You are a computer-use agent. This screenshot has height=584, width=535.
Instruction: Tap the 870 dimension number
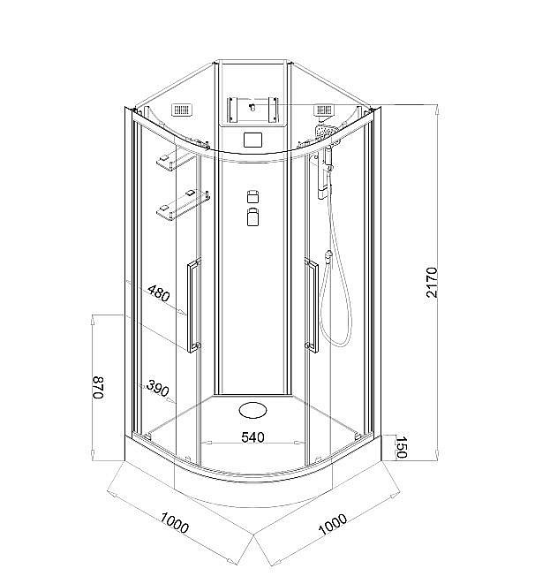(99, 389)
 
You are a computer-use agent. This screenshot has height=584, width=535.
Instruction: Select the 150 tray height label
(402, 446)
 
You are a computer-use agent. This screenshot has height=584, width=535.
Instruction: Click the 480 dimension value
(158, 292)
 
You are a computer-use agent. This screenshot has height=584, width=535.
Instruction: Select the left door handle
(193, 306)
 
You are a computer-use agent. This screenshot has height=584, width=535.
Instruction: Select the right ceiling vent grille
(324, 111)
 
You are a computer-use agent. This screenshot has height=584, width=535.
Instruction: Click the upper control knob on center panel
(253, 196)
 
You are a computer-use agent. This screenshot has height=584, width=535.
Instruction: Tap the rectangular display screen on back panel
(253, 140)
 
